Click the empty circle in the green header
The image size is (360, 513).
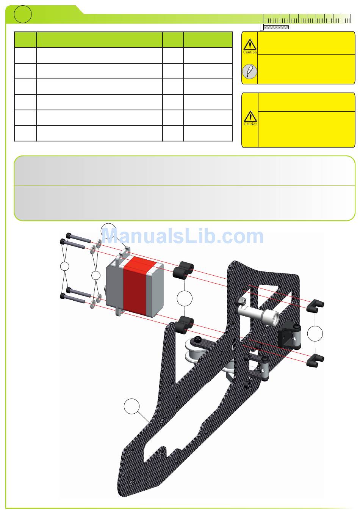[23, 14]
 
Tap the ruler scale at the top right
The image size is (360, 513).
[307, 19]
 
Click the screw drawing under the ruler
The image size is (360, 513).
[274, 27]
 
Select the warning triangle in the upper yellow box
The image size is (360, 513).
[250, 44]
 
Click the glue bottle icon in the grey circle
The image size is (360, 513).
[249, 71]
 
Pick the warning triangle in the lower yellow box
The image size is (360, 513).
[250, 116]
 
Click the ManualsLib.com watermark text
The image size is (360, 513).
[183, 236]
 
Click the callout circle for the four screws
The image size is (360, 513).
[64, 266]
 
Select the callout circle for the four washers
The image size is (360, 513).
[95, 275]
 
